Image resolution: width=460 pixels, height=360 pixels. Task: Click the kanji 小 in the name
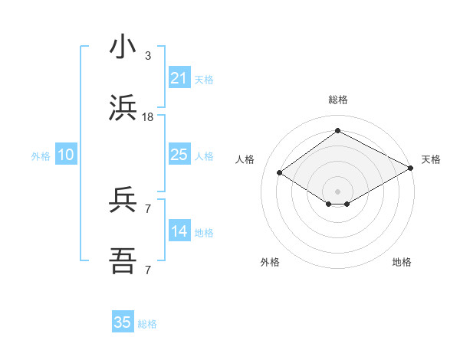(x=123, y=47)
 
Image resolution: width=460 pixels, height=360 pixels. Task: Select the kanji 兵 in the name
(x=123, y=201)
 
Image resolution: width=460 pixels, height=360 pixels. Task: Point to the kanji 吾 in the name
(x=123, y=262)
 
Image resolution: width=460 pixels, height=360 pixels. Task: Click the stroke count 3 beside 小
(x=148, y=55)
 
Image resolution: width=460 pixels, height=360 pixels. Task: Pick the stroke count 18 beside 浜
(x=148, y=116)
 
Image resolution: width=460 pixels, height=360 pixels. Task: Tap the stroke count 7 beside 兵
(x=148, y=208)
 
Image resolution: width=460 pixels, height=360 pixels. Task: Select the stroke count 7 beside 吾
(x=148, y=270)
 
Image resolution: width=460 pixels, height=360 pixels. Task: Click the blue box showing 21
(x=179, y=78)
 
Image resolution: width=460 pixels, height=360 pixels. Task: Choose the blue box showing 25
(x=179, y=155)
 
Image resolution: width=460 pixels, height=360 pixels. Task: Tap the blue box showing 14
(x=179, y=231)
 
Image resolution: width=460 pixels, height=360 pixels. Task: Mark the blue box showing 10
(x=65, y=155)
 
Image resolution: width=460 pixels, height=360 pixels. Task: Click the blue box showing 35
(x=122, y=322)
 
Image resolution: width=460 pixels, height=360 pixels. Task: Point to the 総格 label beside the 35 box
(x=147, y=324)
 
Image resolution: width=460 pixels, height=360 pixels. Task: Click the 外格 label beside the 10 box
(x=41, y=156)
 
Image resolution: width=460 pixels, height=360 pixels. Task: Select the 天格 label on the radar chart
(x=431, y=159)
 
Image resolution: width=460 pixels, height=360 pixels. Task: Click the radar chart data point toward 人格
(x=280, y=173)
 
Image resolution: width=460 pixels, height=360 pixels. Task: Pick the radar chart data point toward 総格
(x=337, y=131)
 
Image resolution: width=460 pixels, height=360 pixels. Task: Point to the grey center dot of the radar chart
(x=337, y=191)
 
